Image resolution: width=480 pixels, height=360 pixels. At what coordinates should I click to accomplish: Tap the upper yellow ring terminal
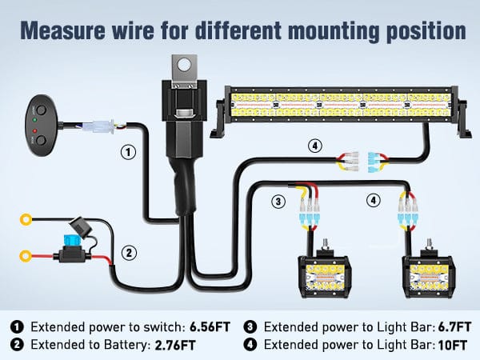coord(26,218)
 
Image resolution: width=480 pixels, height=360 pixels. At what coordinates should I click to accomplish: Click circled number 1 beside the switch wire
coord(126,150)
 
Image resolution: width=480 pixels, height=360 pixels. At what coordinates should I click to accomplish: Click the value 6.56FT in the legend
coord(213,326)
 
